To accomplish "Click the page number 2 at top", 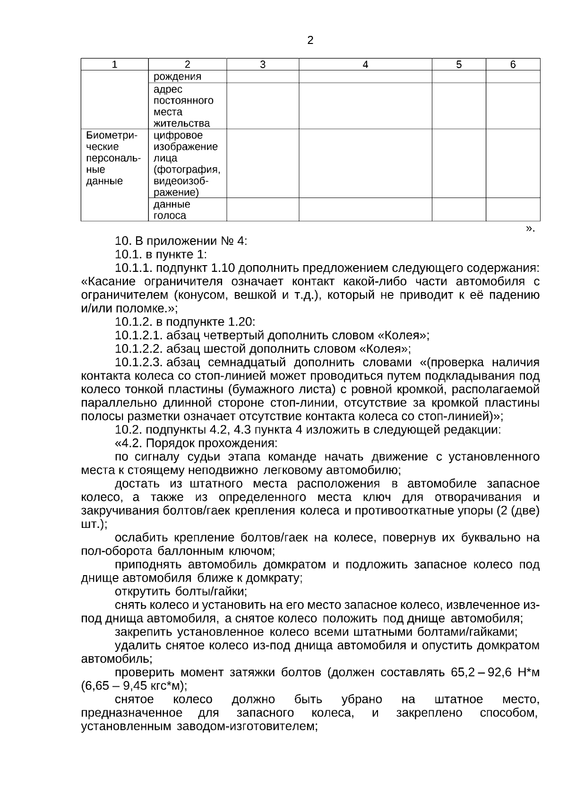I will [x=310, y=41].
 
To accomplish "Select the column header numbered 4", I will [x=365, y=65].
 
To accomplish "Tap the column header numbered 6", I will [x=513, y=65].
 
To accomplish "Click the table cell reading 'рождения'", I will [x=177, y=77].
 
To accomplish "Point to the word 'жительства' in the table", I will [x=181, y=123].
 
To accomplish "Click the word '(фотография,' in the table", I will [x=187, y=170].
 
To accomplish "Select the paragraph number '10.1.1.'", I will [x=134, y=268].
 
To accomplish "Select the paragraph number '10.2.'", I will [x=129, y=430].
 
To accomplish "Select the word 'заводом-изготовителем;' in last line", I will [x=247, y=726].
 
